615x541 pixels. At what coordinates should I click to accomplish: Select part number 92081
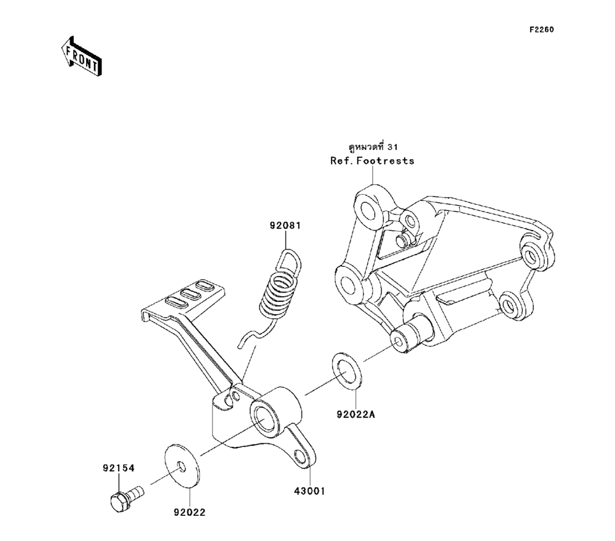[284, 226]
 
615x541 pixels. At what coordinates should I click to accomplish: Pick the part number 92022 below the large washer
[189, 511]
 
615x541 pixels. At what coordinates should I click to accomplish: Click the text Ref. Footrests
[373, 161]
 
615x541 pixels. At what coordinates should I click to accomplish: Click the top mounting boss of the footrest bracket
[371, 207]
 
